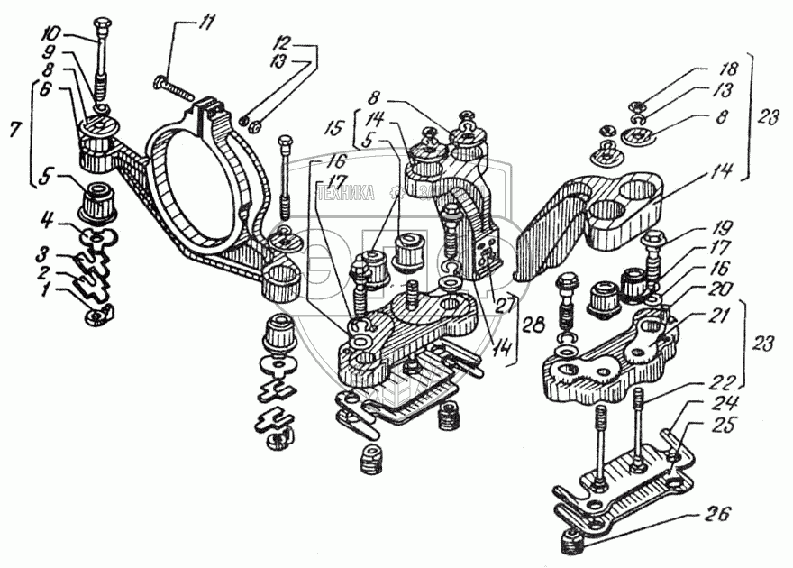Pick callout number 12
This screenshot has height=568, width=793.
click(x=285, y=43)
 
